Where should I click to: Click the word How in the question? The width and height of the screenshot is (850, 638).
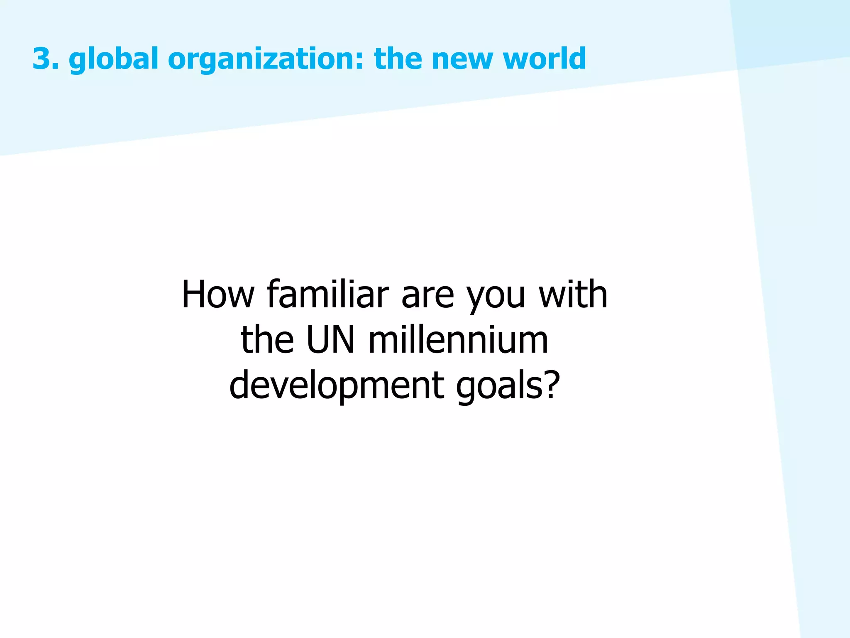pyautogui.click(x=218, y=294)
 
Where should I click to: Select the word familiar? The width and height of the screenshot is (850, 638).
pyautogui.click(x=328, y=294)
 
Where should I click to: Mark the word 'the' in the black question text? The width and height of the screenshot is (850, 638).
pyautogui.click(x=267, y=340)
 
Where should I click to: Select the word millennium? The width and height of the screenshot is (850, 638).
pyautogui.click(x=458, y=340)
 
